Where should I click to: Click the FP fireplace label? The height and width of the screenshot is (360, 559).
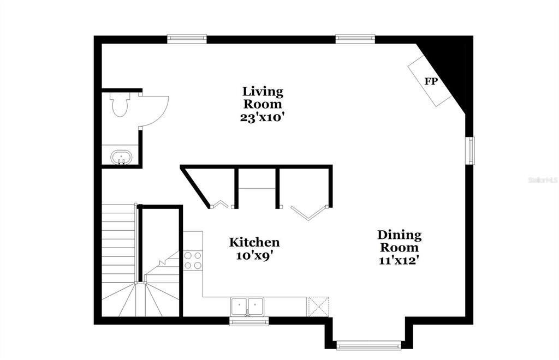click(x=431, y=81)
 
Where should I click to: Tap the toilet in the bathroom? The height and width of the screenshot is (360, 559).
click(x=120, y=104)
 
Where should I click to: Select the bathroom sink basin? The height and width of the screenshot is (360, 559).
click(x=121, y=157)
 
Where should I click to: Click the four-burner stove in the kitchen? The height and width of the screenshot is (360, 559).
click(x=193, y=260)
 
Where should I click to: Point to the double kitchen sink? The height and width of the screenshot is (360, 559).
click(x=247, y=306)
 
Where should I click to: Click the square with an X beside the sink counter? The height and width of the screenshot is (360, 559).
click(x=318, y=306)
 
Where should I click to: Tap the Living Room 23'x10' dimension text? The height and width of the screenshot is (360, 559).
click(x=262, y=117)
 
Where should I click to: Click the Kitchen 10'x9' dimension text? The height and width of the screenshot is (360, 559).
click(x=254, y=255)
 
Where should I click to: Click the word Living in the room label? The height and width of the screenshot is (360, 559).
click(x=263, y=92)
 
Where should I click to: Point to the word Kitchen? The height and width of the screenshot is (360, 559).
click(x=254, y=242)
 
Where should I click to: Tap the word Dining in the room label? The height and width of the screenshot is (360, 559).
click(x=399, y=235)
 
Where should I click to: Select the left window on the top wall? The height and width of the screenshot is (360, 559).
click(x=187, y=38)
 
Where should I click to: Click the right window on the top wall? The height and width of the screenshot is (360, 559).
click(x=355, y=38)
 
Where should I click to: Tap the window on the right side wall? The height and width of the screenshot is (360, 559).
click(x=471, y=151)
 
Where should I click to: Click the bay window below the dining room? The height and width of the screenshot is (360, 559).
click(x=368, y=345)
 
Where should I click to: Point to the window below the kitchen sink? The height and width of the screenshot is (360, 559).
click(x=249, y=321)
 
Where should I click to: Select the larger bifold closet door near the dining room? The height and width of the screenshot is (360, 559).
click(x=309, y=213)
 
